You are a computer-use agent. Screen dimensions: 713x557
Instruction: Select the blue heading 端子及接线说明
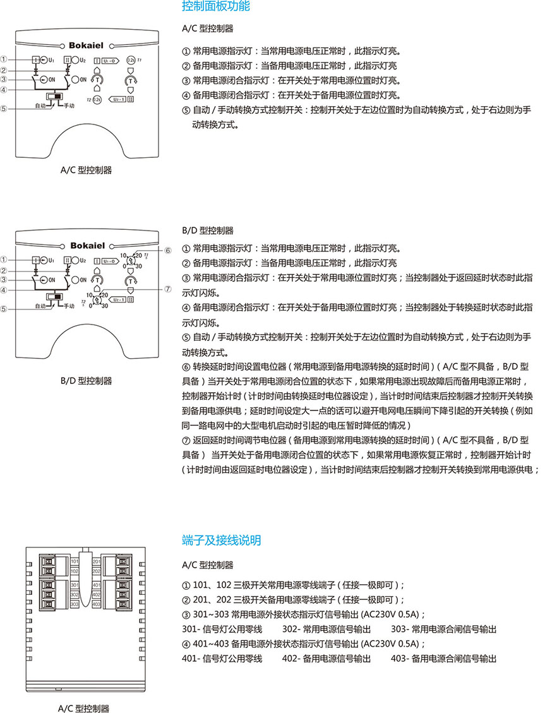(221, 541)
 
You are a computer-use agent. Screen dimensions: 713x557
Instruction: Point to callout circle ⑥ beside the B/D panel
(168, 250)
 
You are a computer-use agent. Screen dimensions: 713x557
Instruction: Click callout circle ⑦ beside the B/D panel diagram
(168, 289)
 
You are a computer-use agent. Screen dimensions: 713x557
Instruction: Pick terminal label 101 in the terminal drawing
(75, 561)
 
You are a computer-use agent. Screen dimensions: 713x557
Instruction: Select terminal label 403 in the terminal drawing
(96, 604)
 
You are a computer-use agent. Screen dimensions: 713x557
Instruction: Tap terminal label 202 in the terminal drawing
(96, 570)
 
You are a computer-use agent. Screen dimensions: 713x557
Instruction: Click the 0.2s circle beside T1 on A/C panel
(131, 60)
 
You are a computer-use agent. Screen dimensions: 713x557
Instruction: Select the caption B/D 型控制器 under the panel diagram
(86, 381)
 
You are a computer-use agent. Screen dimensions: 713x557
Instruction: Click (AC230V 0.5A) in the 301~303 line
(393, 614)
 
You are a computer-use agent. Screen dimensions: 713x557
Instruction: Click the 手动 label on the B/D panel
(68, 306)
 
